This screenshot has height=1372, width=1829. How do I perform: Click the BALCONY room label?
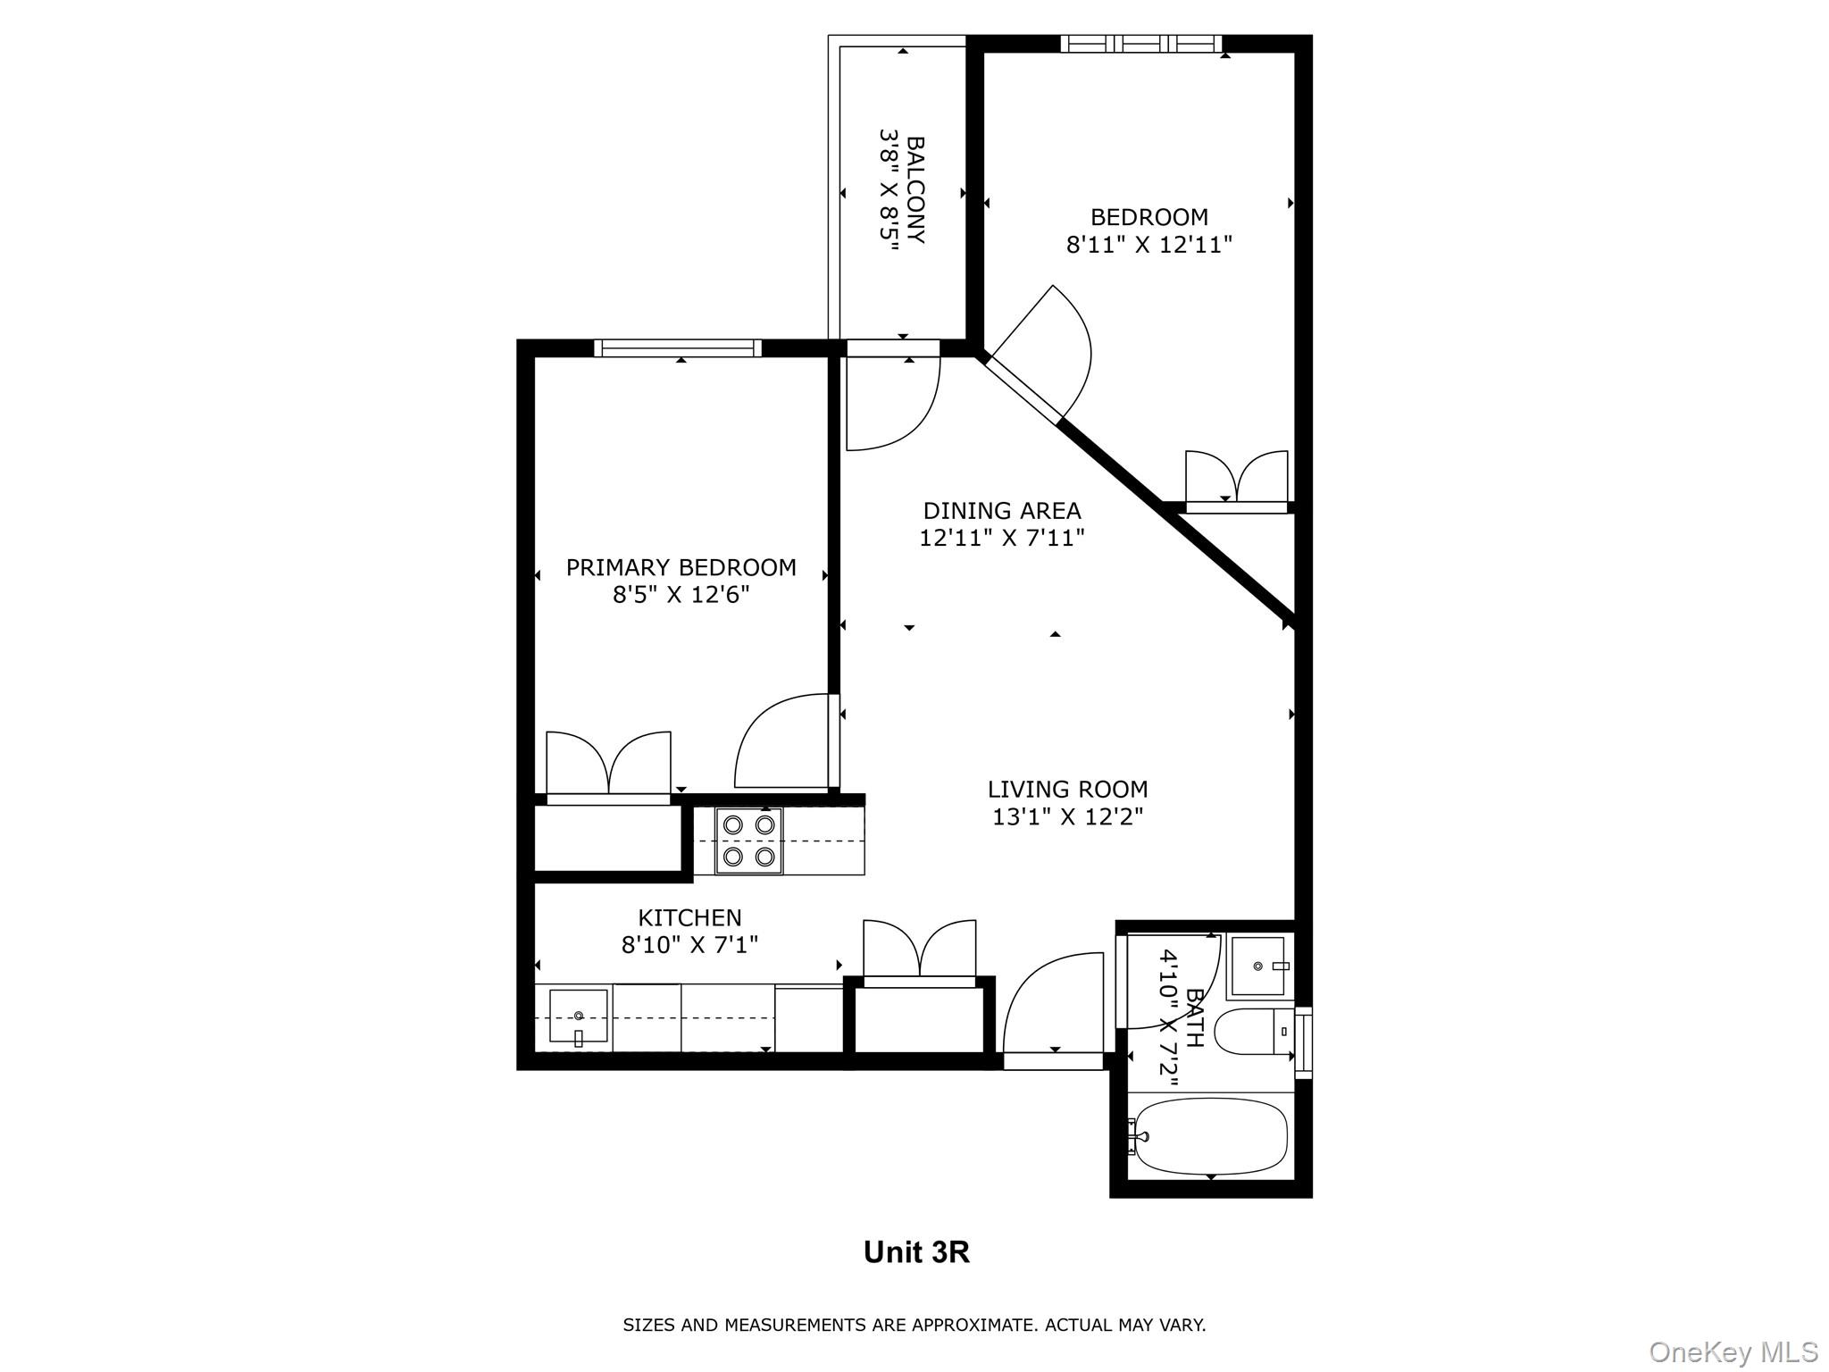[x=915, y=189]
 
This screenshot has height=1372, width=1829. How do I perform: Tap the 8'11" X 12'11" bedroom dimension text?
[x=1148, y=245]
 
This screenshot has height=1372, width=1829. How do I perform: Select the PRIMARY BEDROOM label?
[x=681, y=567]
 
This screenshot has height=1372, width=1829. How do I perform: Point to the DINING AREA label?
[x=1001, y=511]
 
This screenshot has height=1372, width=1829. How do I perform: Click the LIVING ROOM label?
[x=1067, y=790]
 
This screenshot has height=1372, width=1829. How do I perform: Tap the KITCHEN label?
[x=689, y=917]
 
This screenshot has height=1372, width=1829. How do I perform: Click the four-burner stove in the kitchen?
[x=748, y=841]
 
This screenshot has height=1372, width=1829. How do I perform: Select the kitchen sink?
[x=578, y=1016]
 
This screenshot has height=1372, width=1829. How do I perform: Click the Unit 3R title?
[x=915, y=1252]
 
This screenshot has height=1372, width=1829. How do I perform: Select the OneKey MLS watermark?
[x=1733, y=1352]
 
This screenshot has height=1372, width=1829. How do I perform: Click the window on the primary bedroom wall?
[x=678, y=348]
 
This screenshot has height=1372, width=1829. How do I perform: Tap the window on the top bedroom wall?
[x=1141, y=43]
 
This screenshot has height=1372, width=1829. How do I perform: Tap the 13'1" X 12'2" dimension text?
[x=1067, y=817]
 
